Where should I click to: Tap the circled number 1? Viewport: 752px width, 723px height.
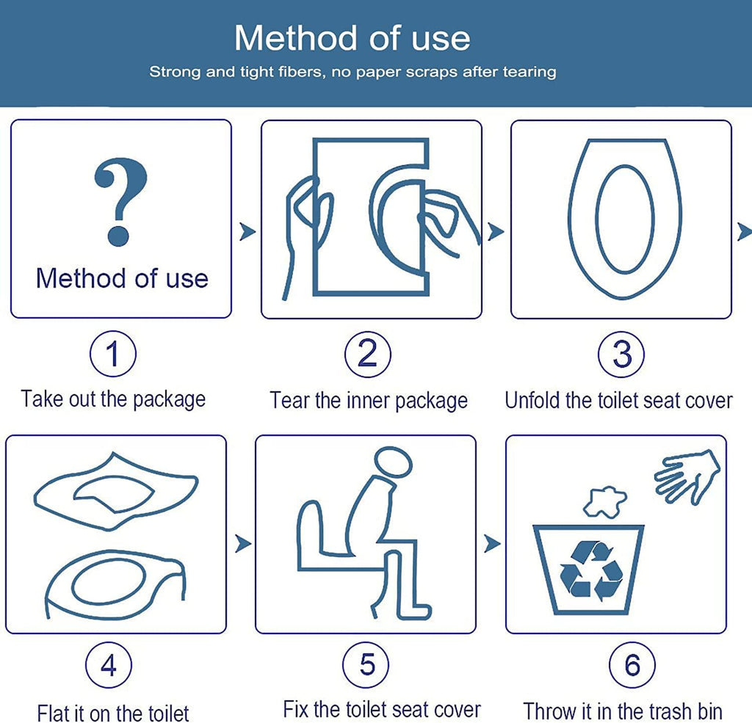point(112,355)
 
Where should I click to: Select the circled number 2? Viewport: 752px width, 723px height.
point(367,355)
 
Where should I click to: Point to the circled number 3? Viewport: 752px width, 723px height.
point(621,355)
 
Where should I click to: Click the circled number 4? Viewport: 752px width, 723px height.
point(109,666)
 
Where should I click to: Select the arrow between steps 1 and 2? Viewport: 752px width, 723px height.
point(247,232)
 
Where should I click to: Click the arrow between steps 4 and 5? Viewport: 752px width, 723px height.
point(242,544)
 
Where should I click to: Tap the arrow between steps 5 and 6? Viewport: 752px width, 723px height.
point(492,544)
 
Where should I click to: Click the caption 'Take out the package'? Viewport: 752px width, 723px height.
point(113,399)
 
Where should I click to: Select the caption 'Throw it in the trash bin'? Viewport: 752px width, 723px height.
point(622,711)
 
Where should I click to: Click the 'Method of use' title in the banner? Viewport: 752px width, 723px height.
point(352,37)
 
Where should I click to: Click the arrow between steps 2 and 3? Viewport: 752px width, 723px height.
point(496,232)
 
